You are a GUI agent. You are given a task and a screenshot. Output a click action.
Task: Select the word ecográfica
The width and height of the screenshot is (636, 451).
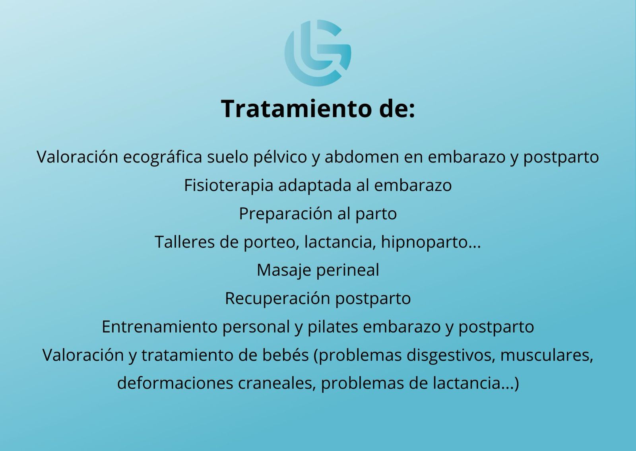163,157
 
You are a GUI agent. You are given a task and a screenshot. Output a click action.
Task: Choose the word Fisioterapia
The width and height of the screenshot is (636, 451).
229,186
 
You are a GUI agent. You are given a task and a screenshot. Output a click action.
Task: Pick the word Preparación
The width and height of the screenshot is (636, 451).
286,214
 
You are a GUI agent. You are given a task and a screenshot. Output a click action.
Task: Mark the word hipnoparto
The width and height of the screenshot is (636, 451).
425,242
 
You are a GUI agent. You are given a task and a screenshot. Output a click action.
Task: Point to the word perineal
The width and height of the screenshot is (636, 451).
348,270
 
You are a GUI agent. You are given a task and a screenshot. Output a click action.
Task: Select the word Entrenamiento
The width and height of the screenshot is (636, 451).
159,327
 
